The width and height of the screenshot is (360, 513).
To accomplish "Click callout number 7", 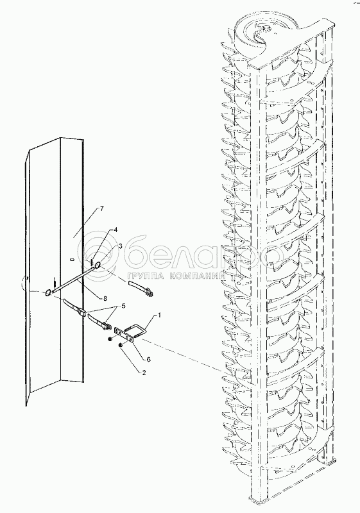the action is click(x=102, y=209).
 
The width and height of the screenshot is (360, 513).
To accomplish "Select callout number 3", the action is click(x=121, y=246).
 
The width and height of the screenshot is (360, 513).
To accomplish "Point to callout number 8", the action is click(x=105, y=298).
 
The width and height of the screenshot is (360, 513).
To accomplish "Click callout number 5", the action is click(x=123, y=306).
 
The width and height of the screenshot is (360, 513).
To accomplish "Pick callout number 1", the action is click(x=159, y=315).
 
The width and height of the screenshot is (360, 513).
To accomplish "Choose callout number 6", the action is click(x=148, y=359).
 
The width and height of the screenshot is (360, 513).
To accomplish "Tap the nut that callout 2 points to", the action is click(x=121, y=344).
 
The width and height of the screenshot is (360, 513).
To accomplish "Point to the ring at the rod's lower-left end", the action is click(x=48, y=292).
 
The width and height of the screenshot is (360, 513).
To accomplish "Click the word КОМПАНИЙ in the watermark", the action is click(x=198, y=276).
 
